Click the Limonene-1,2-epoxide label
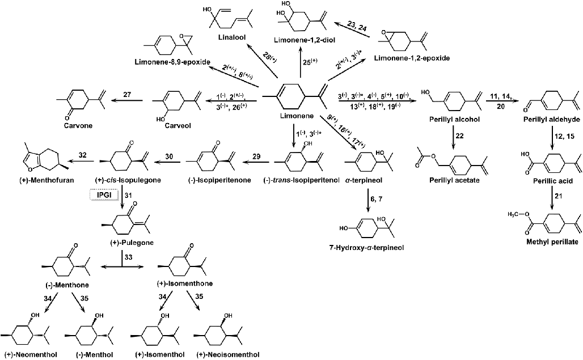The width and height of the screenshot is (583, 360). [414, 58]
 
